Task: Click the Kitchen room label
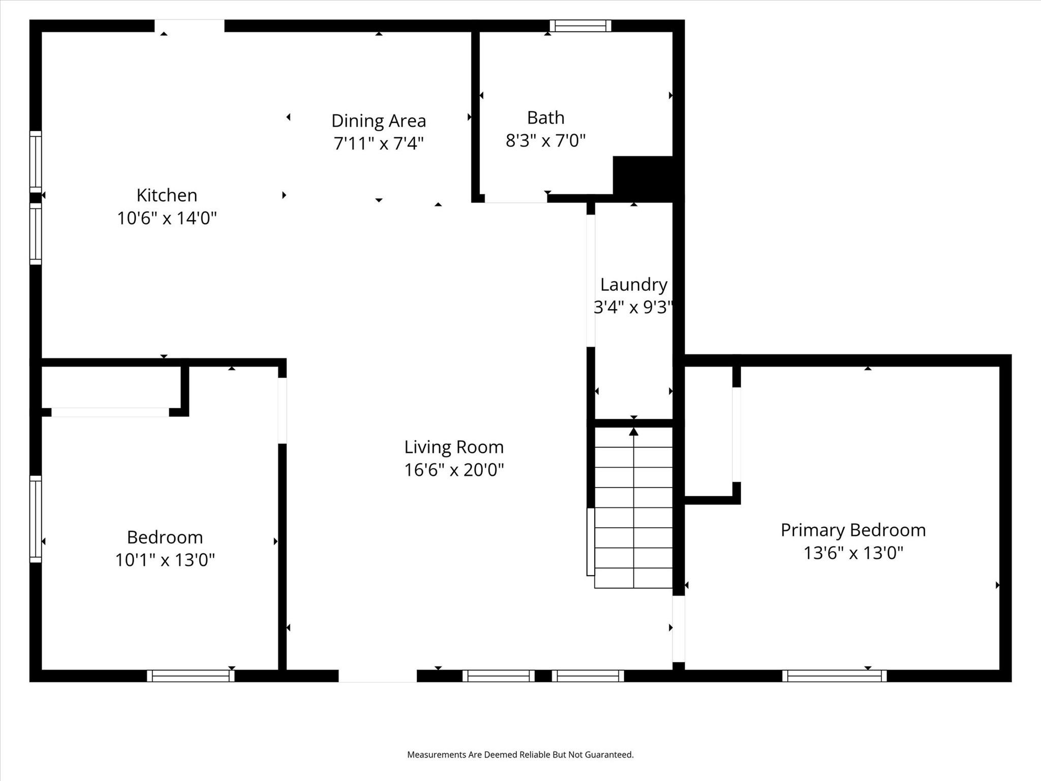(x=167, y=195)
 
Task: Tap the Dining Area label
(x=379, y=121)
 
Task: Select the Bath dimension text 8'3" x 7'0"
(x=545, y=140)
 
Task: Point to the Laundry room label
(x=634, y=285)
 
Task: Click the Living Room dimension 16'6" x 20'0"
(x=454, y=470)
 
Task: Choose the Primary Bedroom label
(x=853, y=530)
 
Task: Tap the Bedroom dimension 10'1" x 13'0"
(x=165, y=560)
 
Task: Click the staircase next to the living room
(x=633, y=507)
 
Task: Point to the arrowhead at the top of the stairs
(x=633, y=432)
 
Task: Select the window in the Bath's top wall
(x=580, y=25)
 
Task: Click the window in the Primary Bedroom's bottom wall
(x=834, y=676)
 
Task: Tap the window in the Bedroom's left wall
(x=36, y=519)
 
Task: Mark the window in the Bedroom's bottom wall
(x=191, y=676)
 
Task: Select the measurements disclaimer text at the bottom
(x=520, y=755)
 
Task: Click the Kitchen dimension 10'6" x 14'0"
(x=167, y=218)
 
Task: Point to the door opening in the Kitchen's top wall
(x=189, y=25)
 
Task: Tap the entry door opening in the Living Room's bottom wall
(x=378, y=676)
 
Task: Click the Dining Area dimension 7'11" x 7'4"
(x=379, y=143)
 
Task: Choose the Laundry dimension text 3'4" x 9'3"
(x=634, y=307)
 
